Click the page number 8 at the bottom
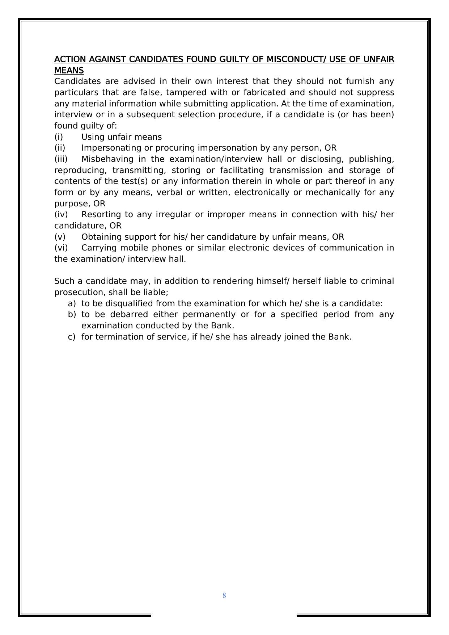(x=224, y=596)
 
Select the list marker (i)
(x=59, y=137)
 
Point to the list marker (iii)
(x=61, y=159)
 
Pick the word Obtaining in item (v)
(x=100, y=237)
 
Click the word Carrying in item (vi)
(x=99, y=248)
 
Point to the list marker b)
(x=72, y=314)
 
